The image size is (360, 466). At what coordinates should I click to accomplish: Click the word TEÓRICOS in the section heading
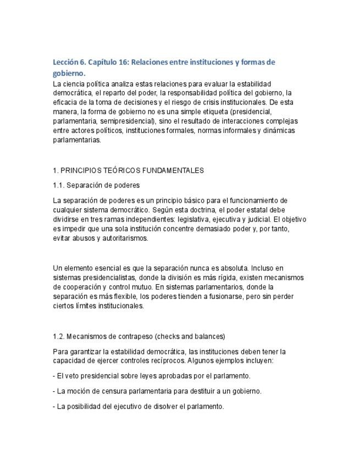click(x=114, y=170)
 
